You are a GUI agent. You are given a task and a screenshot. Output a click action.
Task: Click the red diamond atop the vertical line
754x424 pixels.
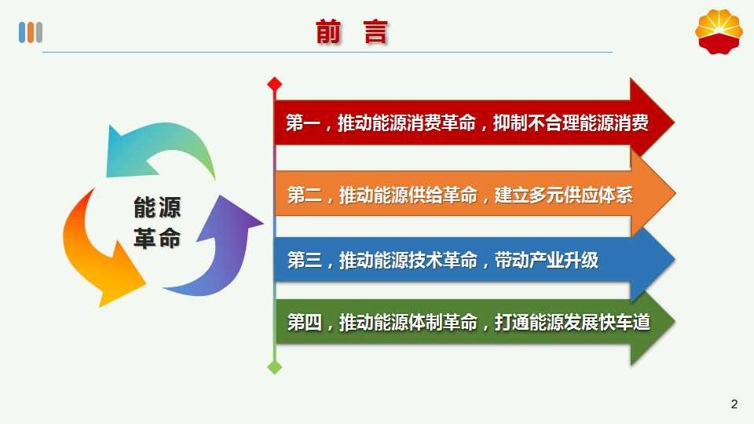[275, 84]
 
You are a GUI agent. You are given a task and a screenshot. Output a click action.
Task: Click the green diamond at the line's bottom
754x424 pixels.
[275, 367]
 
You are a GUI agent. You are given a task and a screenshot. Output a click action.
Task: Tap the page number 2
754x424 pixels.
[734, 404]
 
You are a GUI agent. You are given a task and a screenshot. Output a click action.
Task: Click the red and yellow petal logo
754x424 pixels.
[719, 32]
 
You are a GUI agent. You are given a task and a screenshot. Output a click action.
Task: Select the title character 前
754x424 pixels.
[328, 32]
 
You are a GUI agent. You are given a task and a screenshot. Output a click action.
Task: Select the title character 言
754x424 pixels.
[375, 32]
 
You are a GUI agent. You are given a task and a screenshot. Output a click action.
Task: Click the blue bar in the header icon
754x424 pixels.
[22, 33]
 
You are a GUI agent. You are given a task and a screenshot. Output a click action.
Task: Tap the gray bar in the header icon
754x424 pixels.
[39, 33]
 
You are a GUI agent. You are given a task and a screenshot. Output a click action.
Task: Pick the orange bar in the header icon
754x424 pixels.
[31, 33]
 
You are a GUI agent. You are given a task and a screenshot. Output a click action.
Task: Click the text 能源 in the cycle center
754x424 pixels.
[157, 207]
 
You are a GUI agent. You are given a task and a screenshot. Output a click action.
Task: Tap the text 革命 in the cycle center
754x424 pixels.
[157, 238]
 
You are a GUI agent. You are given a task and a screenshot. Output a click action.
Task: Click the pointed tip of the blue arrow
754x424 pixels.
[674, 260]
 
